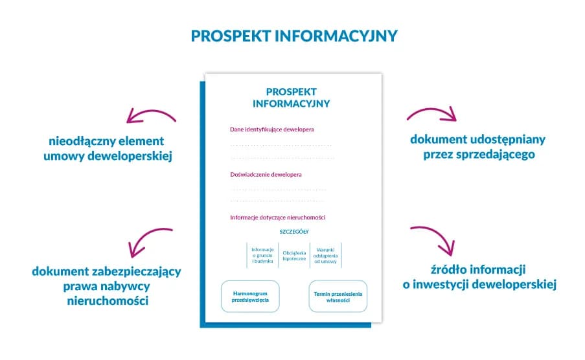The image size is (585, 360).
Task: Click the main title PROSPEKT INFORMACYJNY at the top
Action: click(293, 36)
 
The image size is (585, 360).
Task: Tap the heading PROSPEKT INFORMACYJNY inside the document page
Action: click(291, 97)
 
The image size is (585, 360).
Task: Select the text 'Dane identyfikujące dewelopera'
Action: click(272, 129)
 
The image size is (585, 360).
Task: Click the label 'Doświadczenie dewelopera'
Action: click(266, 174)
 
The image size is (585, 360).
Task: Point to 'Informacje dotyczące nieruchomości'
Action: click(277, 217)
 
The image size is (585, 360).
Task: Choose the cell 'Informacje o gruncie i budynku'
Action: click(263, 255)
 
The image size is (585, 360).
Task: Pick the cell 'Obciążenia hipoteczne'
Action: click(294, 255)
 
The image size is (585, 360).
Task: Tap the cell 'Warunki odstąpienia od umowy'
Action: click(325, 255)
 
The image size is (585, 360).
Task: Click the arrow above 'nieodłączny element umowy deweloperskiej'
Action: click(150, 116)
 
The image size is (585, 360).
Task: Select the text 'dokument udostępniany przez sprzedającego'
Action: click(478, 147)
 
